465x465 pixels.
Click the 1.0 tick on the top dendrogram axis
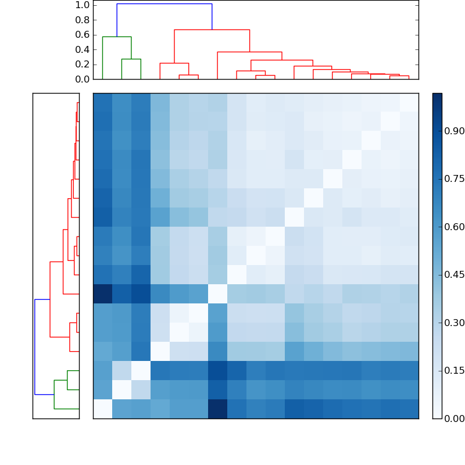click(x=82, y=5)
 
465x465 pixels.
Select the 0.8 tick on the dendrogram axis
click(x=82, y=20)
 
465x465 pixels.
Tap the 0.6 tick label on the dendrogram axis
click(x=82, y=35)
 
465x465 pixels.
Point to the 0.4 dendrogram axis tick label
click(x=82, y=49)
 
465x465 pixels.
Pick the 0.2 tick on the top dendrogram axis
click(x=82, y=65)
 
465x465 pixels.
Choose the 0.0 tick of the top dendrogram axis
click(x=82, y=79)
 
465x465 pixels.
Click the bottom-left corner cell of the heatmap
click(x=102, y=409)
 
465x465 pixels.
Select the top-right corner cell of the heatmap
click(x=409, y=102)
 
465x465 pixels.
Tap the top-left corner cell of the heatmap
click(x=102, y=102)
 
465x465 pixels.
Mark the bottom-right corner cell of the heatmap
click(x=409, y=409)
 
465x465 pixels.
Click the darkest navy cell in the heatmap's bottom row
click(x=217, y=409)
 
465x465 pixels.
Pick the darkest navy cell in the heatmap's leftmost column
click(x=102, y=294)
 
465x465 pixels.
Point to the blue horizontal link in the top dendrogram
click(x=164, y=4)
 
